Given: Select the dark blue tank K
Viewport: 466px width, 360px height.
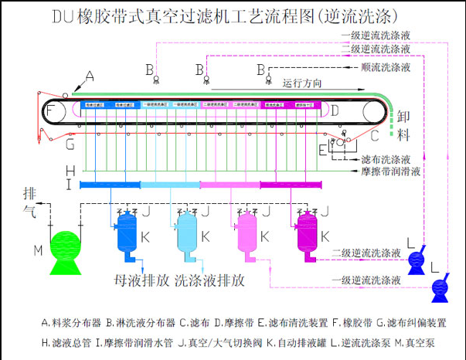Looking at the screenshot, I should [124, 233].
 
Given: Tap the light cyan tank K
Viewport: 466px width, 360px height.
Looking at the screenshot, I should [185, 233].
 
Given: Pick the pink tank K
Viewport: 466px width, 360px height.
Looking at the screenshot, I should [247, 233].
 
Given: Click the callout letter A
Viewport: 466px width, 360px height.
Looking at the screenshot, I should [90, 76].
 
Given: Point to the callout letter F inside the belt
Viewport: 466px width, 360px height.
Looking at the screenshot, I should [50, 111].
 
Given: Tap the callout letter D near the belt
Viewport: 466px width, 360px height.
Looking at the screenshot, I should [335, 111].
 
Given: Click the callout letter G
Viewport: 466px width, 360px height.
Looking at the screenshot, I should [70, 144].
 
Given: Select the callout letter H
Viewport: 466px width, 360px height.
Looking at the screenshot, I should [70, 171].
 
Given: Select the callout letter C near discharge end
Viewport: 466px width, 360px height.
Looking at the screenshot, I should [374, 137].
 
